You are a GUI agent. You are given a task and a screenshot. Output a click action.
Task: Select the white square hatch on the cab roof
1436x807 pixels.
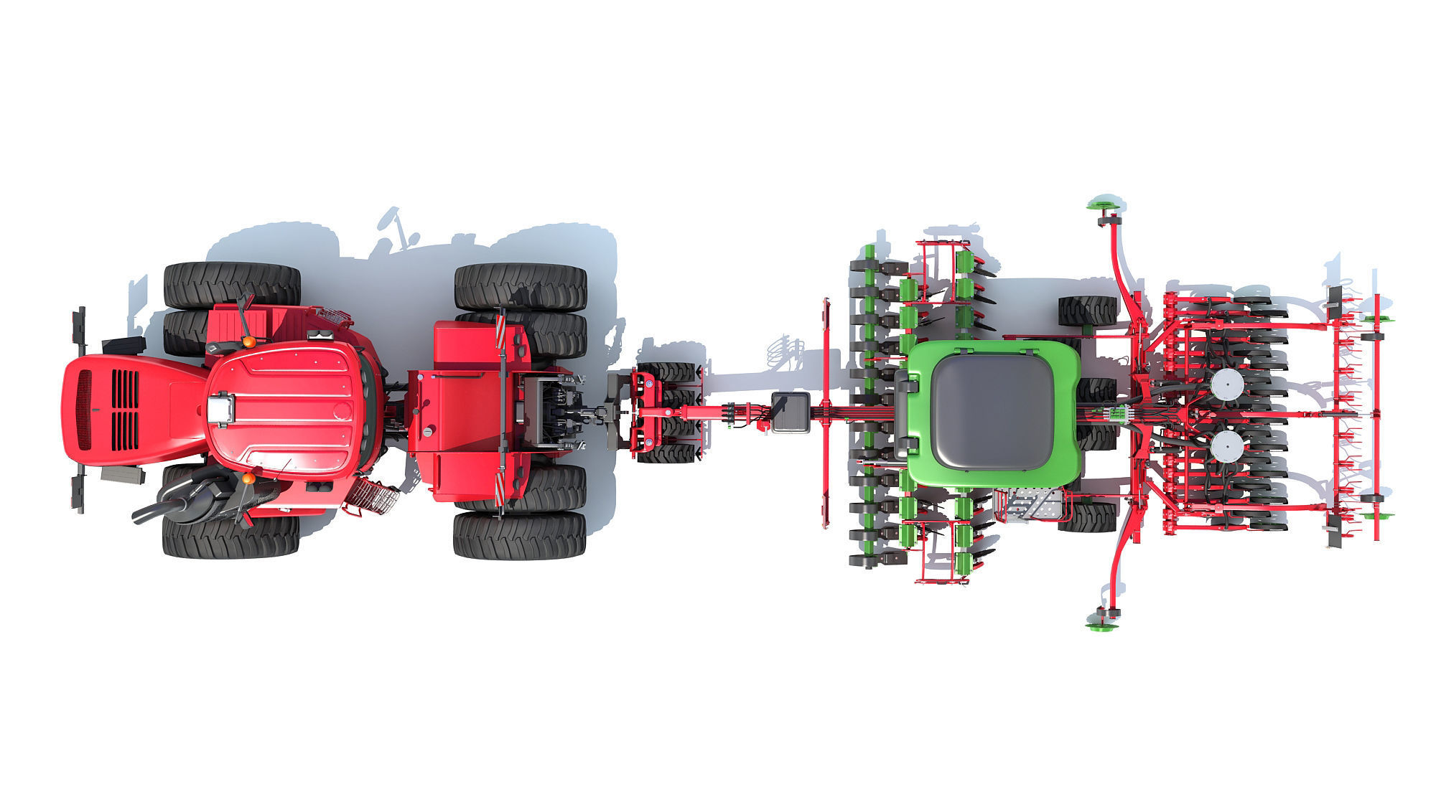pos(221,410)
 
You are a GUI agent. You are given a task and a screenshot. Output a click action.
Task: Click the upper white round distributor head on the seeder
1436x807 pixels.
pos(1226,385)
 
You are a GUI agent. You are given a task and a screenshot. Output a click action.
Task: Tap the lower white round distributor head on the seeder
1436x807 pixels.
pos(1226,445)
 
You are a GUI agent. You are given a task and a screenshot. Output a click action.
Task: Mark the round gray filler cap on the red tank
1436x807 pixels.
pos(428,432)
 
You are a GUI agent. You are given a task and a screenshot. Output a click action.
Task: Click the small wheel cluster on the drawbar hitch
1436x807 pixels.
pos(666,412)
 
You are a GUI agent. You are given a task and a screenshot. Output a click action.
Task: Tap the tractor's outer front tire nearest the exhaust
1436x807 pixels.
pos(231,536)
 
